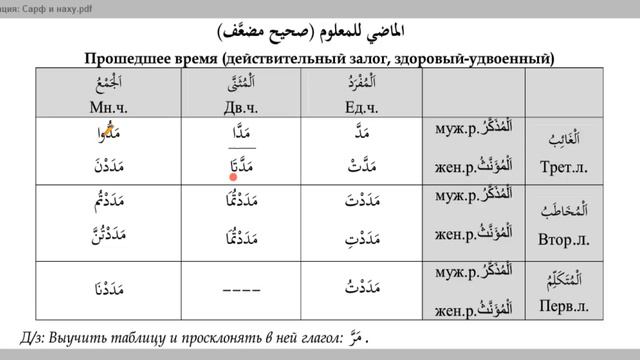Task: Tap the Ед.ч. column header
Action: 352,105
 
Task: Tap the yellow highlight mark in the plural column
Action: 110,126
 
